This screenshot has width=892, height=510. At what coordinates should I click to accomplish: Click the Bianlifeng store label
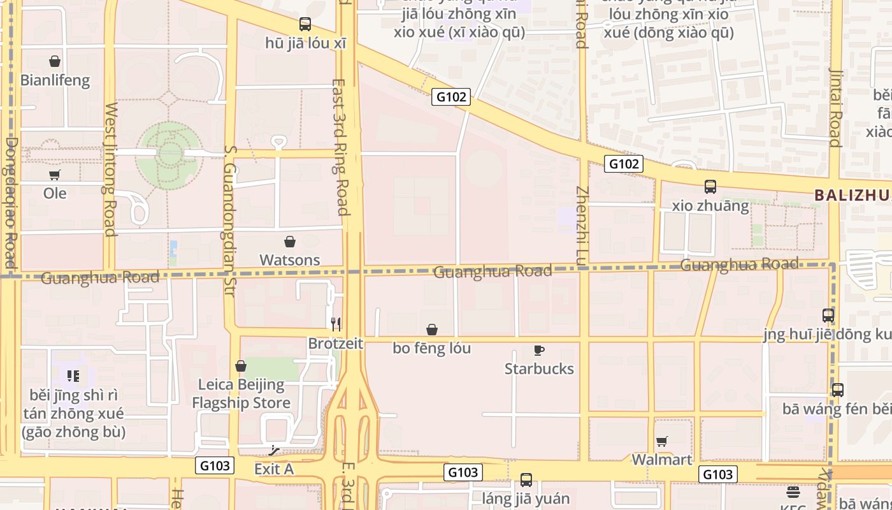55,81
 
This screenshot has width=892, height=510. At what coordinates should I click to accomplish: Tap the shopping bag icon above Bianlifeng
55,61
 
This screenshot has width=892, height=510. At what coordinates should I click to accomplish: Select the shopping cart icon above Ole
55,175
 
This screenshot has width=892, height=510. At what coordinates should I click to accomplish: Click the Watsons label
290,260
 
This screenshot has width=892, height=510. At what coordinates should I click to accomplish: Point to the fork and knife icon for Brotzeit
336,324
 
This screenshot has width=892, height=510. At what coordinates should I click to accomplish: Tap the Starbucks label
539,368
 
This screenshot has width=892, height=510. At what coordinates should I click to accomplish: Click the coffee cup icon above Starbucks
539,350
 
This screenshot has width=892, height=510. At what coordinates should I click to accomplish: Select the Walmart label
661,460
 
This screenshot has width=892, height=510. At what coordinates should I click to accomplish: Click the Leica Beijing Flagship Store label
241,393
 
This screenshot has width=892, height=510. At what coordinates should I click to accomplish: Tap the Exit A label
274,469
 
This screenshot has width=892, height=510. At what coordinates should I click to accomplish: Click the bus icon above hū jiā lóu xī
305,24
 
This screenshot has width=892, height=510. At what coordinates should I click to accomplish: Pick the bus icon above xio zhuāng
710,187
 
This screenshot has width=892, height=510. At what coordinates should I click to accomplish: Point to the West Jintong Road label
110,169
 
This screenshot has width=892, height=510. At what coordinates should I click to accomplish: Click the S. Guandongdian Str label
230,221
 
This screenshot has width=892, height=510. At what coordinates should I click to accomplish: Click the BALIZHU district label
852,196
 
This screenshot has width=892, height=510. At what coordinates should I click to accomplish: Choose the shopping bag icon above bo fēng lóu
432,330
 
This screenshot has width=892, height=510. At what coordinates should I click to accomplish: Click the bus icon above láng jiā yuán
526,479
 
